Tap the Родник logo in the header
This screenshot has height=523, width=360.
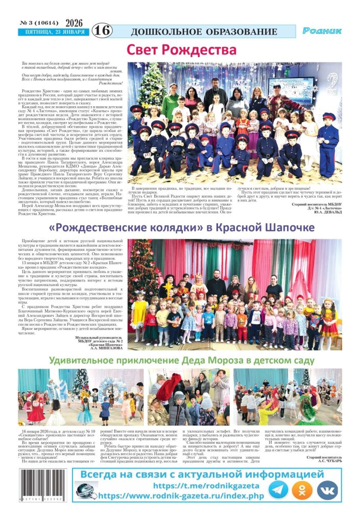pyautogui.click(x=322, y=31)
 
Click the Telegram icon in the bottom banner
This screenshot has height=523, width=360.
pyautogui.click(x=278, y=490)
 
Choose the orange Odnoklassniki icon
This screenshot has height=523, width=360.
pyautogui.click(x=303, y=490)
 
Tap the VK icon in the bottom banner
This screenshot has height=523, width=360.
pyautogui.click(x=327, y=490)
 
